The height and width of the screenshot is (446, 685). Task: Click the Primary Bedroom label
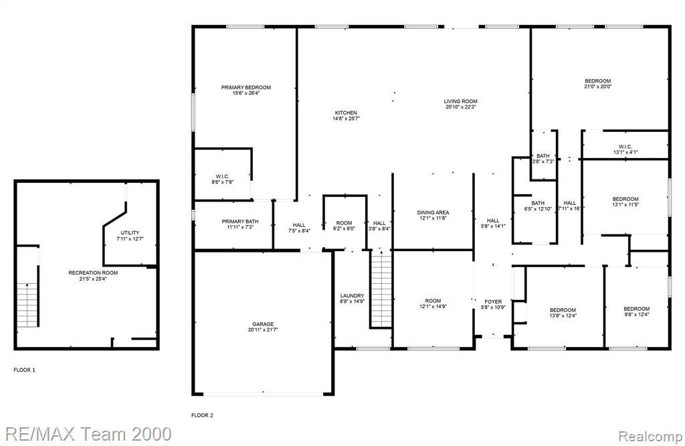coord(246,88)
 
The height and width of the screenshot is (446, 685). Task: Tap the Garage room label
coord(263,324)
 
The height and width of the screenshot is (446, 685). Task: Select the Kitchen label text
coord(346,113)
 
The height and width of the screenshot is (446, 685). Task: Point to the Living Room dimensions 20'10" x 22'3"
coord(460,106)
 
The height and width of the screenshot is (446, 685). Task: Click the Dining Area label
coord(433,212)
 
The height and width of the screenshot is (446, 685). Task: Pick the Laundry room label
coord(352,295)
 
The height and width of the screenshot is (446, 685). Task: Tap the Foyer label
coord(493,302)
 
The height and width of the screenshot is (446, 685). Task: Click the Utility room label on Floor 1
coord(130,233)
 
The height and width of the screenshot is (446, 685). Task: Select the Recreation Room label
coord(93,273)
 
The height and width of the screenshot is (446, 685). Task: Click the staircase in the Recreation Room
coord(27,305)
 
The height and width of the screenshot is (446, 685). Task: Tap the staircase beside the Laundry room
coord(381,289)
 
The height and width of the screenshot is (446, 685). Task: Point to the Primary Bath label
coord(240,222)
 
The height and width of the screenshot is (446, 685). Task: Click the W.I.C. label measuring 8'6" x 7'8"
coord(222,177)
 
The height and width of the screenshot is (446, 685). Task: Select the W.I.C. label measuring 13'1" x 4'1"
coord(625,147)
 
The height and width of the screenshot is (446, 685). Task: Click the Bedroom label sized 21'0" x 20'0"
coord(597,81)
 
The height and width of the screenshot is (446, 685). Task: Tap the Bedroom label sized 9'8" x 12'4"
coord(637,309)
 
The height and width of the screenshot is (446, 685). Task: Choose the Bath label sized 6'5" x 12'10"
coord(538,204)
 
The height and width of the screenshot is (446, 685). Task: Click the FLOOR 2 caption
coord(202,415)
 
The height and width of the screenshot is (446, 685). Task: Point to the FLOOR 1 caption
coord(25,370)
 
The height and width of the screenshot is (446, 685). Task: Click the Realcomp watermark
coord(650,436)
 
